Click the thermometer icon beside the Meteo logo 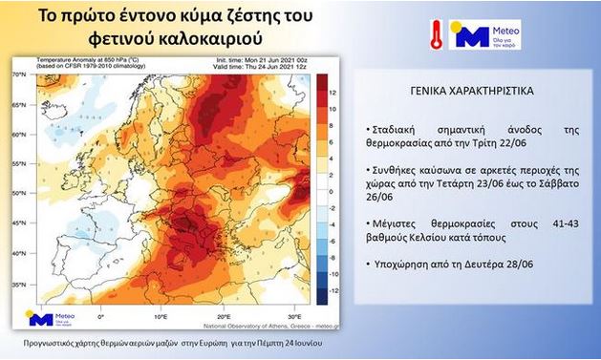[436, 34]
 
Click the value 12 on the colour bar [332, 93]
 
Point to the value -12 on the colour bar [332, 287]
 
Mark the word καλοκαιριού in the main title [212, 41]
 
